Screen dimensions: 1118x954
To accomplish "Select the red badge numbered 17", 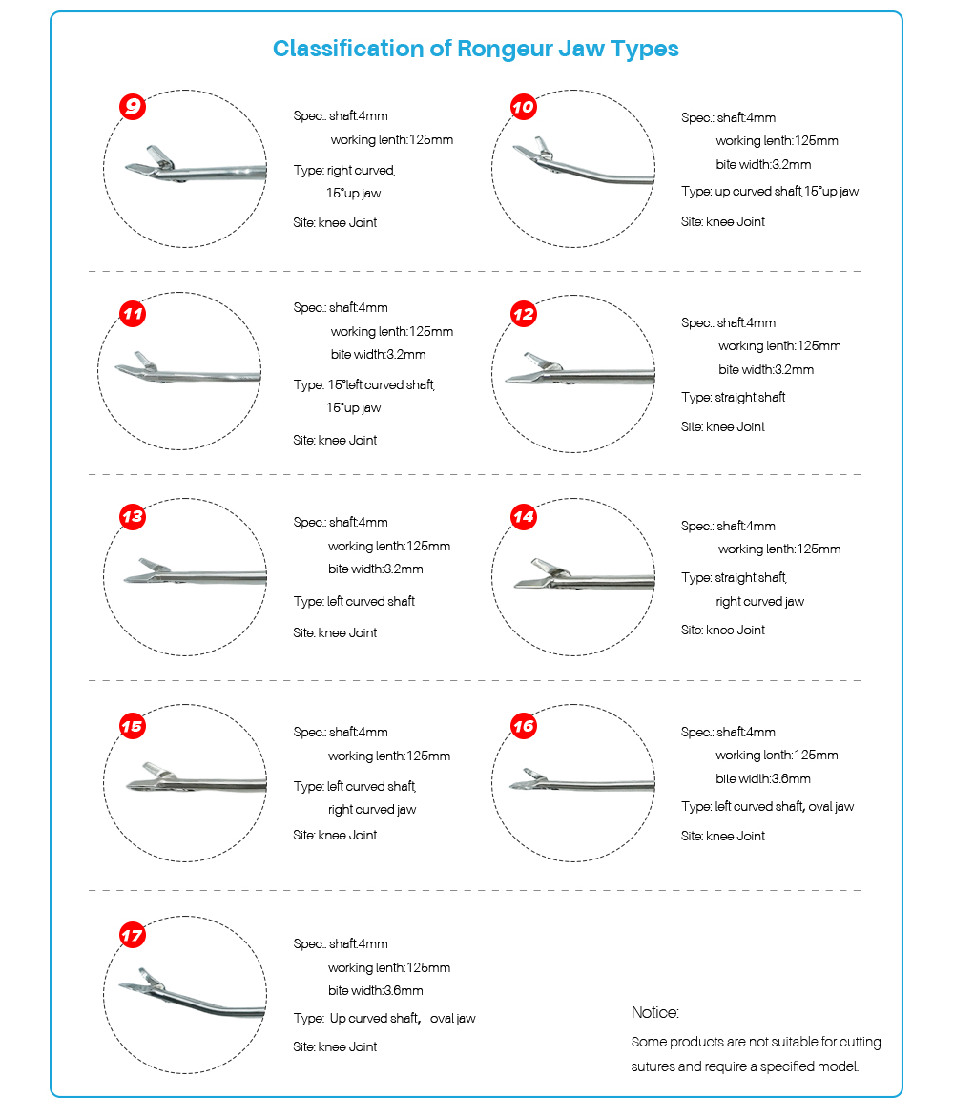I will point(133,935).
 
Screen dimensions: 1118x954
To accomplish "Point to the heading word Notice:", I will point(655,1012).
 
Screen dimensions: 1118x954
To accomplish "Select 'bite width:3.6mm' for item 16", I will point(763,778).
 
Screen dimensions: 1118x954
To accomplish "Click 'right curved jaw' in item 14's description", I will point(760,601).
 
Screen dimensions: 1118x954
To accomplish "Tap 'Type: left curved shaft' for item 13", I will point(354,601).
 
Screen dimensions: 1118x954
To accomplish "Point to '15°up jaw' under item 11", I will point(354,407).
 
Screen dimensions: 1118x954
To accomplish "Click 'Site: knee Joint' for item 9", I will point(335,222).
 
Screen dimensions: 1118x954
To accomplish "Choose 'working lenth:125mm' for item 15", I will point(389,756).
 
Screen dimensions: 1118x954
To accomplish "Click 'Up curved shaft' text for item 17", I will point(375,1018).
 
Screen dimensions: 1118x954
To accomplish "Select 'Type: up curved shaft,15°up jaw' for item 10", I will point(770,191).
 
